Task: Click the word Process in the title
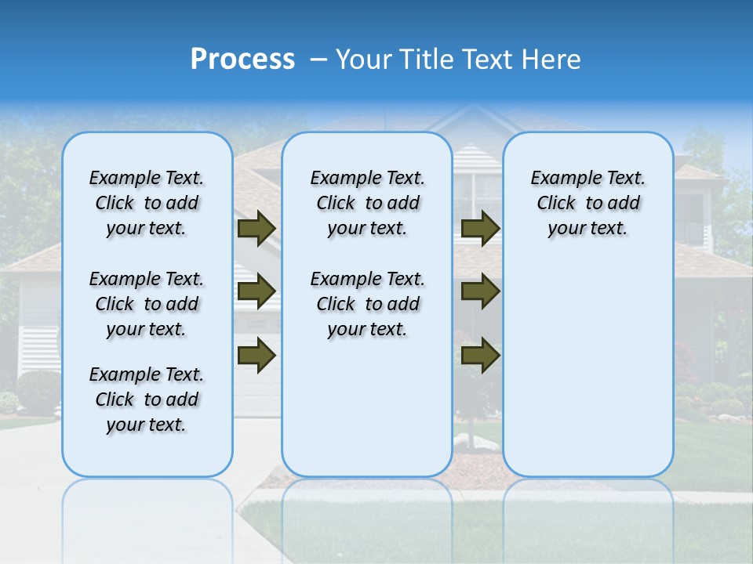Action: [x=242, y=60]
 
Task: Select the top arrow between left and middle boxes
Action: [x=256, y=229]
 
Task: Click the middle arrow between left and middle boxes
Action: [x=256, y=292]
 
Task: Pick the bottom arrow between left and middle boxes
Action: [x=256, y=356]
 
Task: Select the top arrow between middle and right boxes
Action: [x=480, y=229]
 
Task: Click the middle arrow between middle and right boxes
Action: [x=480, y=292]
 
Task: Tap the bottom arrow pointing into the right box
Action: [x=480, y=356]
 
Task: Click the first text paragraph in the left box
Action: [x=147, y=204]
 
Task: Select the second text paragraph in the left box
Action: [x=147, y=304]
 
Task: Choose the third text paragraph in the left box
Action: [x=147, y=399]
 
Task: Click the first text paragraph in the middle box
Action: [x=367, y=204]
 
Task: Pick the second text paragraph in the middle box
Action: [x=367, y=304]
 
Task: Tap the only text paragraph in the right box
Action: [x=587, y=204]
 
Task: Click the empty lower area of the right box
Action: [x=587, y=368]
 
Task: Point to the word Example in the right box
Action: [x=560, y=179]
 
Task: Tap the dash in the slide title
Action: [x=318, y=60]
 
